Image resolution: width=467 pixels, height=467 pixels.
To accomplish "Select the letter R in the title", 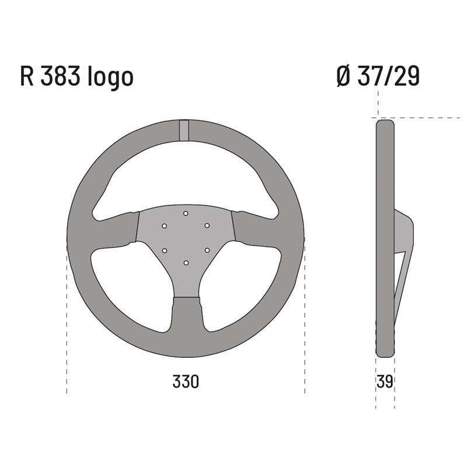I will [x=27, y=77].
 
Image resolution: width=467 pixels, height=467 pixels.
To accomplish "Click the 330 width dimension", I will [x=186, y=382].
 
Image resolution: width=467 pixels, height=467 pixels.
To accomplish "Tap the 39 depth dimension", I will [x=385, y=382].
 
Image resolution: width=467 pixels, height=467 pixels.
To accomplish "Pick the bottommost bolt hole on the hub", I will [x=186, y=263].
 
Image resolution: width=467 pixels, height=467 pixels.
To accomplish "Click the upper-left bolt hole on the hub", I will [x=165, y=225].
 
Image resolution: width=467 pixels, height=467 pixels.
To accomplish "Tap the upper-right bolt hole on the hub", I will [x=207, y=225].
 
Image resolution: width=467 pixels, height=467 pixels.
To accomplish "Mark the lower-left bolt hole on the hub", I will [x=165, y=250].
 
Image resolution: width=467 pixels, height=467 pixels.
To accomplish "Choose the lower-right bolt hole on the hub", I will [x=207, y=250].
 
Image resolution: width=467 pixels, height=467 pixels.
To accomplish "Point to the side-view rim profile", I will [x=385, y=175].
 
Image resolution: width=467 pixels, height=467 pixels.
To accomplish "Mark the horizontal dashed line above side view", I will [x=420, y=117].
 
